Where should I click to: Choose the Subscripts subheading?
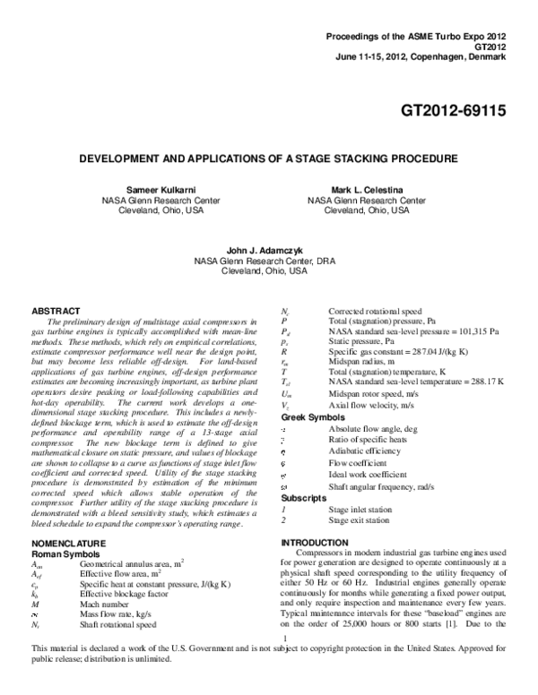coord(308,497)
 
